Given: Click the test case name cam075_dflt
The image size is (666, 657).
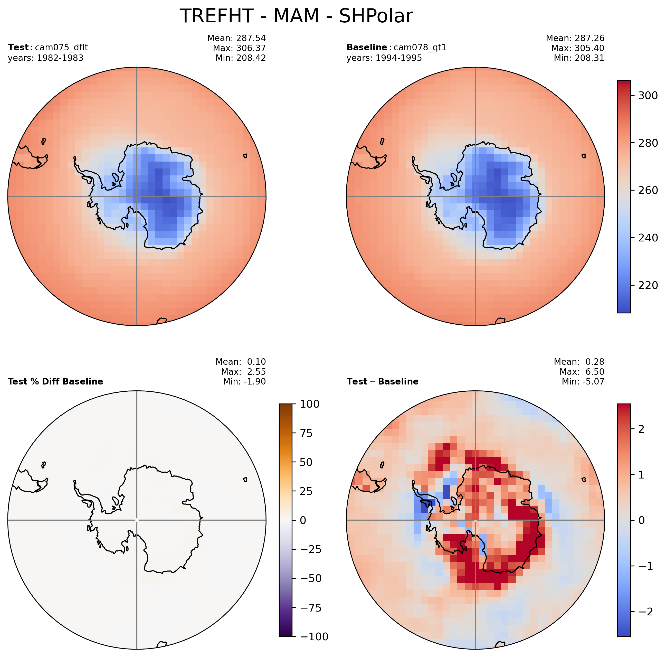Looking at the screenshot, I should click(61, 48).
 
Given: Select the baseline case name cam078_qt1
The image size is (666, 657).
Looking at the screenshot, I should click(420, 48).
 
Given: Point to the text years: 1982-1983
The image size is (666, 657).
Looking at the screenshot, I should click(45, 58).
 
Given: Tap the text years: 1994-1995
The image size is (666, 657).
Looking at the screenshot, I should click(384, 58).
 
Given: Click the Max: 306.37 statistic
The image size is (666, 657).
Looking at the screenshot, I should click(239, 48).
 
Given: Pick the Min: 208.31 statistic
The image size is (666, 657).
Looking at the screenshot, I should click(579, 58).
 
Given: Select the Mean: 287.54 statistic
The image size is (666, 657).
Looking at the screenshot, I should click(236, 38).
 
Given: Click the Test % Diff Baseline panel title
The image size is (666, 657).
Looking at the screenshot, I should click(55, 381).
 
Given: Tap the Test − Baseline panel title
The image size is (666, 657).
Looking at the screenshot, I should click(382, 381).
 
